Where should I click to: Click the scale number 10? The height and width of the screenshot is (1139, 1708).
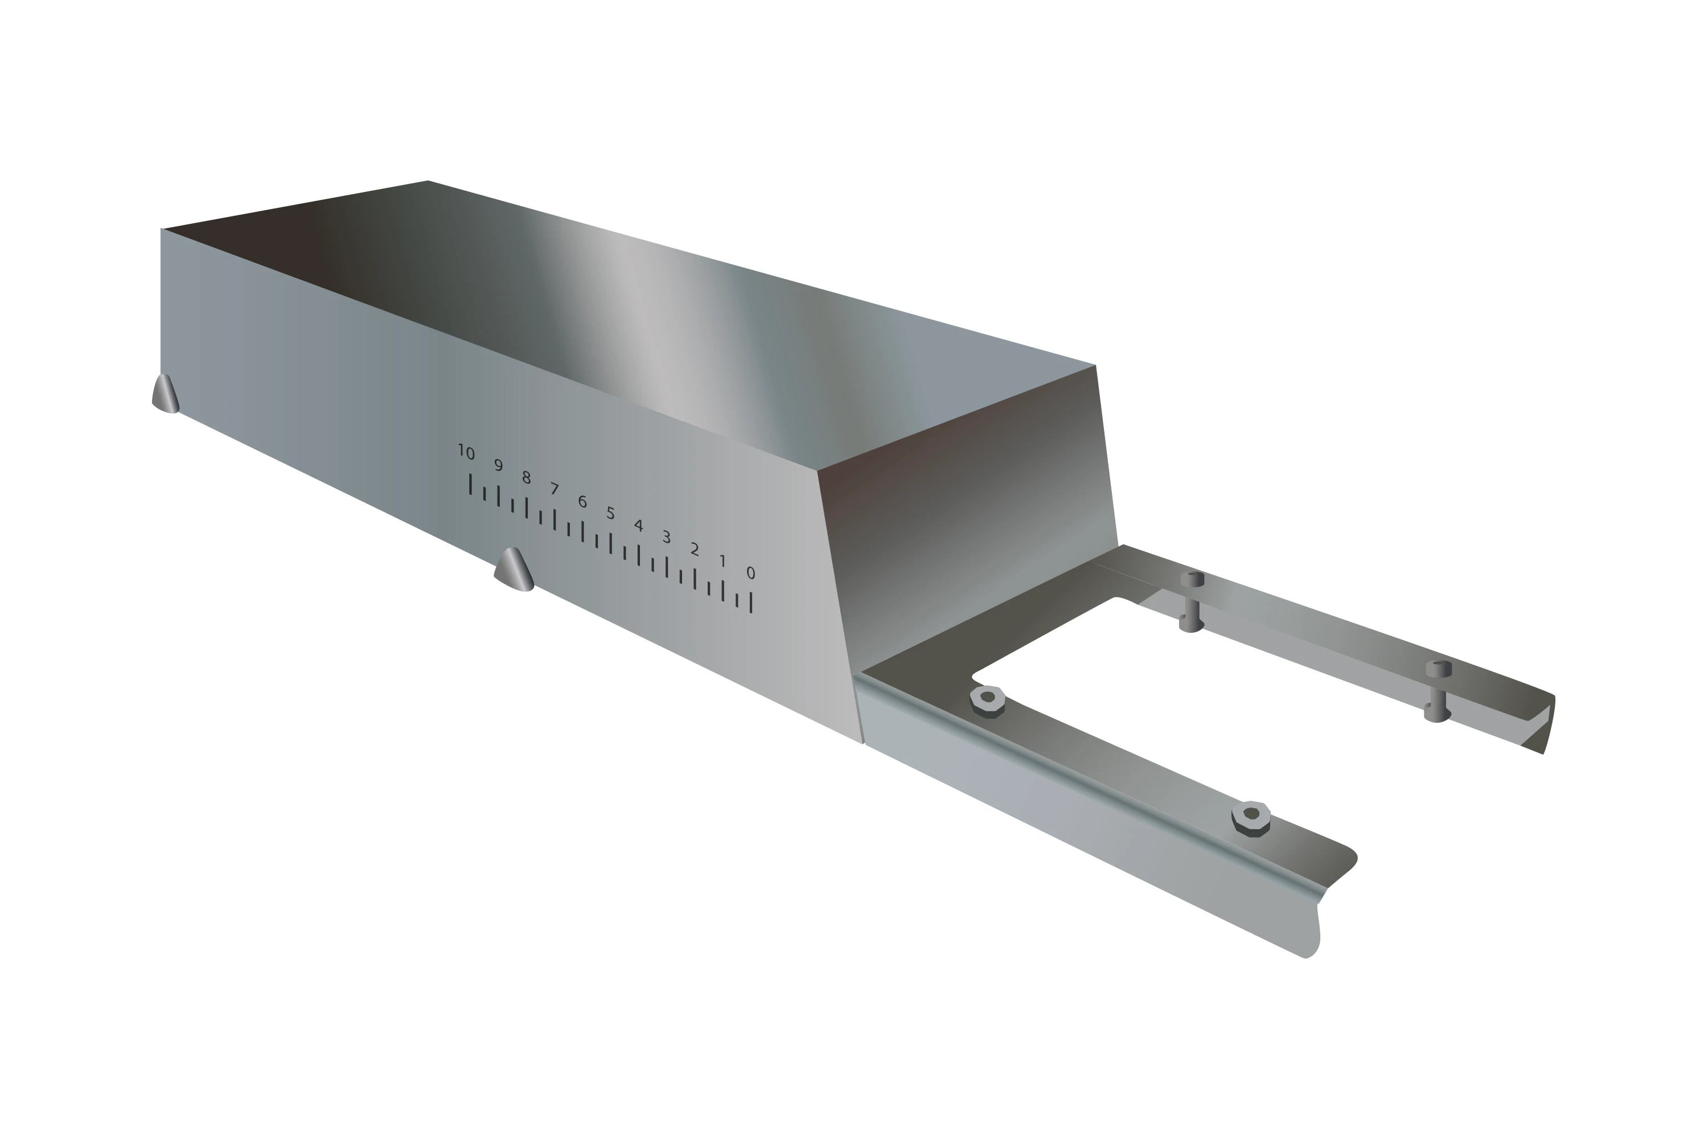[x=466, y=453]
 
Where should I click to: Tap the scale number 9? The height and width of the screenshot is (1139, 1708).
[x=498, y=465]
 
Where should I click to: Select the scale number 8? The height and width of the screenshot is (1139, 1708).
[x=527, y=477]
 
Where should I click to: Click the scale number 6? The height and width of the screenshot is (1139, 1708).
[x=582, y=501]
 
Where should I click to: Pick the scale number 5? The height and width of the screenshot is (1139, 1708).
[x=611, y=513]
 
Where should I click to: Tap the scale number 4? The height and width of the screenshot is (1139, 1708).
[x=638, y=525]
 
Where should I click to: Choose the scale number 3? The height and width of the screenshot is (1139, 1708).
[x=666, y=538]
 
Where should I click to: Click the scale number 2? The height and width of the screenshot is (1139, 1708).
[x=694, y=549]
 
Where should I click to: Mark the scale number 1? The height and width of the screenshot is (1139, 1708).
[x=722, y=561]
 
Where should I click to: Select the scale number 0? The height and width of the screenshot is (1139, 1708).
[x=751, y=573]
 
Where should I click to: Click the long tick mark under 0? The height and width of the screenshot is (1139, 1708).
[x=751, y=602]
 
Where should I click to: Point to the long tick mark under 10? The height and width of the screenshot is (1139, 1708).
[x=471, y=484]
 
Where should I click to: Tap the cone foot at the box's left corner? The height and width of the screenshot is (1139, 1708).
[x=166, y=395]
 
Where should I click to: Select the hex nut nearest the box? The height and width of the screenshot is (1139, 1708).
[x=988, y=700]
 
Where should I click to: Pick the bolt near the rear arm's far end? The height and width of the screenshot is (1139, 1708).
[x=1438, y=691]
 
